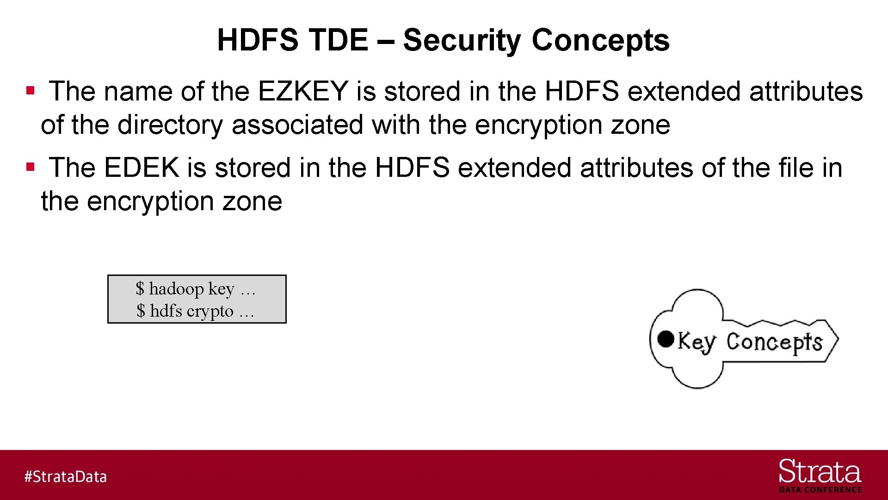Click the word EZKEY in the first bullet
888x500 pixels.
tap(302, 91)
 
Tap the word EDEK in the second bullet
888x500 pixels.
tap(141, 168)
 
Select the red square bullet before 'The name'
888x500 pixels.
tap(31, 90)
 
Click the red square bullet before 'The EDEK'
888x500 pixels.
tap(31, 166)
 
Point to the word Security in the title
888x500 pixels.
tap(461, 40)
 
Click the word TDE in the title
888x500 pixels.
tap(338, 40)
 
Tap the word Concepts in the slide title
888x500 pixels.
tap(600, 40)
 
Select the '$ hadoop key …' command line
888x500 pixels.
tap(195, 289)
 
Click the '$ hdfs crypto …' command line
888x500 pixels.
tap(195, 311)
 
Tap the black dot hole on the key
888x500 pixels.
tap(666, 339)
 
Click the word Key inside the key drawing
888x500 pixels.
tap(697, 342)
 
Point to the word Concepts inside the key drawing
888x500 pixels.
tap(774, 343)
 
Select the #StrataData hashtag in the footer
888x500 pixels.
tap(66, 476)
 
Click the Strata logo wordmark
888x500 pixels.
tap(820, 472)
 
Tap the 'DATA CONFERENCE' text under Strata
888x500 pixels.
tap(820, 490)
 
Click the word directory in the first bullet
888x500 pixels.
tap(170, 125)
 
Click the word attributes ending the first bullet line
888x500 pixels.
tap(806, 91)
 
